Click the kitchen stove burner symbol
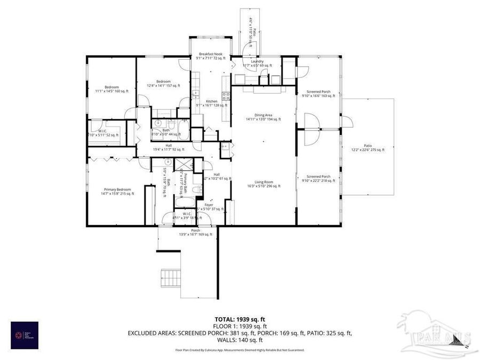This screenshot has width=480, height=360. [226, 97]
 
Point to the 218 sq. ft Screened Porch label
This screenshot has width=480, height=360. [318, 179]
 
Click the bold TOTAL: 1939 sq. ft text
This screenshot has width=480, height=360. [239, 318]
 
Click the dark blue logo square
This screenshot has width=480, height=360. [25, 335]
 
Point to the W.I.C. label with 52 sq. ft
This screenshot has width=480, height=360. [102, 132]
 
